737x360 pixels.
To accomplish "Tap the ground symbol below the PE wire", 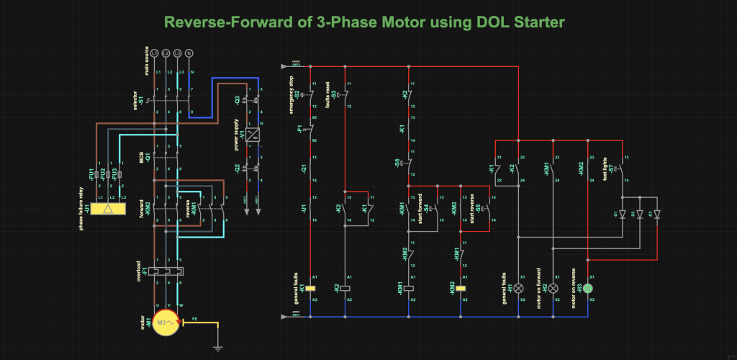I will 217,349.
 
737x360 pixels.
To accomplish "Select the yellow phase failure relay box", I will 107,209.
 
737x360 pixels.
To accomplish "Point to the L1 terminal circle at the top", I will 155,53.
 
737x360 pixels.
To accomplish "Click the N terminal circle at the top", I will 189,53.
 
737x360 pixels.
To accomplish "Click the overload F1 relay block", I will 166,273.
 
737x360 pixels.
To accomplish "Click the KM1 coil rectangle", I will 409,288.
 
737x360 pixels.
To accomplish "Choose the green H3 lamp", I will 588,288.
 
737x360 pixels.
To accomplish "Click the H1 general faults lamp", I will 517,288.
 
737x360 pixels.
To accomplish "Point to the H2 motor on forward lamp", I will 553,288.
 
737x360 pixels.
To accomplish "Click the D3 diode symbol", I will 656,214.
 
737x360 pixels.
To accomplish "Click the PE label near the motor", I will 193,318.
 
